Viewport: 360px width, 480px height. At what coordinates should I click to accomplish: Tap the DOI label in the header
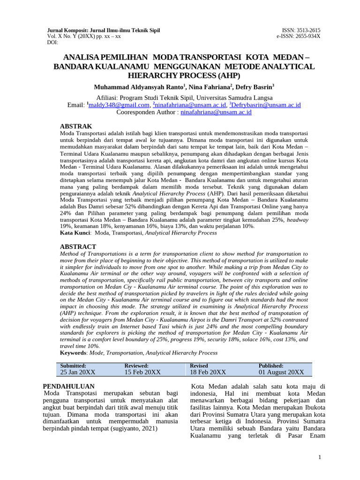click(x=52, y=42)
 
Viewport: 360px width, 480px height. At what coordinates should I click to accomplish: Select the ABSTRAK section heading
click(x=76, y=126)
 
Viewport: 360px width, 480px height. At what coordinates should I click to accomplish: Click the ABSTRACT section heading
click(x=78, y=247)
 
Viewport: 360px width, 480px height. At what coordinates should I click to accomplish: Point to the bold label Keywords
click(x=74, y=352)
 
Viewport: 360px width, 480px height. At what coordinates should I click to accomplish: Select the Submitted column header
click(x=73, y=366)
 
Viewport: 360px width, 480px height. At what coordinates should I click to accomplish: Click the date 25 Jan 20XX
click(x=78, y=372)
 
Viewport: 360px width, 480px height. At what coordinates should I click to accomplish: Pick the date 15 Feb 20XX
click(x=142, y=372)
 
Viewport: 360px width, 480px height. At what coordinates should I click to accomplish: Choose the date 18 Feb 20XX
click(x=208, y=372)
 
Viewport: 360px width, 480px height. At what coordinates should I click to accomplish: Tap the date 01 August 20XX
click(x=281, y=372)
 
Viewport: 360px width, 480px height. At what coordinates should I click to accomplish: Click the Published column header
click(x=271, y=366)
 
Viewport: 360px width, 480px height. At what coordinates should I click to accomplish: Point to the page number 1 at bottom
click(x=319, y=457)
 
